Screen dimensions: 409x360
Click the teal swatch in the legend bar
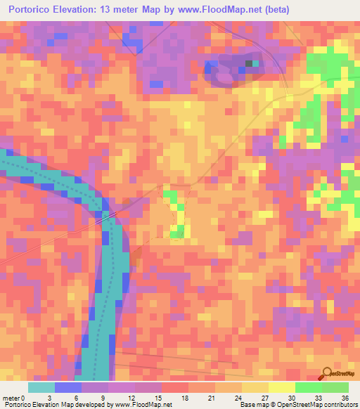point(41,387)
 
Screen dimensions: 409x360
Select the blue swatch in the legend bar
point(68,387)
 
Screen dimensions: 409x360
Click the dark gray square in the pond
point(248,63)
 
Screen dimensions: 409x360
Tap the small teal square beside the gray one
point(255,63)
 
